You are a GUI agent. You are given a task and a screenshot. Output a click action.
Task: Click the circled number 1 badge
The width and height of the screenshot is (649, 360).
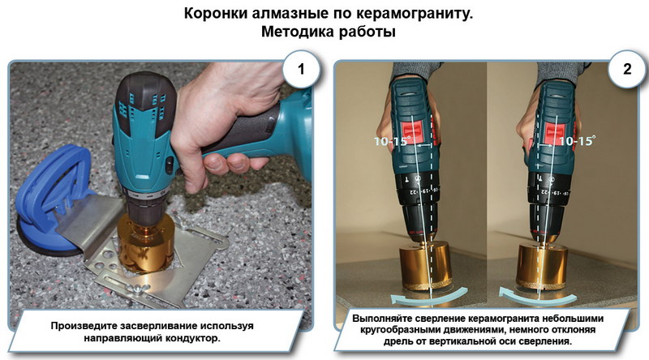(301, 69)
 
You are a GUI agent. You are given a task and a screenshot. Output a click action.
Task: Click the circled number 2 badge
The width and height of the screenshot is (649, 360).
(626, 69)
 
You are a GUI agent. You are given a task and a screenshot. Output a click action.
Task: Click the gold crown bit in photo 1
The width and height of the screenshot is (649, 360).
(145, 243)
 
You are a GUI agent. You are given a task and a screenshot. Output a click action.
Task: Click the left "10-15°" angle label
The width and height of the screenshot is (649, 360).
(390, 141)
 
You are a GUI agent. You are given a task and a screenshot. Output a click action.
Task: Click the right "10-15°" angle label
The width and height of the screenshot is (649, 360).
(577, 141)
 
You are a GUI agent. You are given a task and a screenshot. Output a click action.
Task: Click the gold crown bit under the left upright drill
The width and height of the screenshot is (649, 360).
(424, 268)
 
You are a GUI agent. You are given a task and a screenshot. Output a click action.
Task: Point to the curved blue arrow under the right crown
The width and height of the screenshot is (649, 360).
(537, 298)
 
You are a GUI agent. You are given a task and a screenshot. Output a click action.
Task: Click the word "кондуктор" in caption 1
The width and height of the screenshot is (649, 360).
(192, 338)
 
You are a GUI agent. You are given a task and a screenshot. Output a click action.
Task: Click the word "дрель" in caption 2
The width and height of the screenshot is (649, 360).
(396, 342)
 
